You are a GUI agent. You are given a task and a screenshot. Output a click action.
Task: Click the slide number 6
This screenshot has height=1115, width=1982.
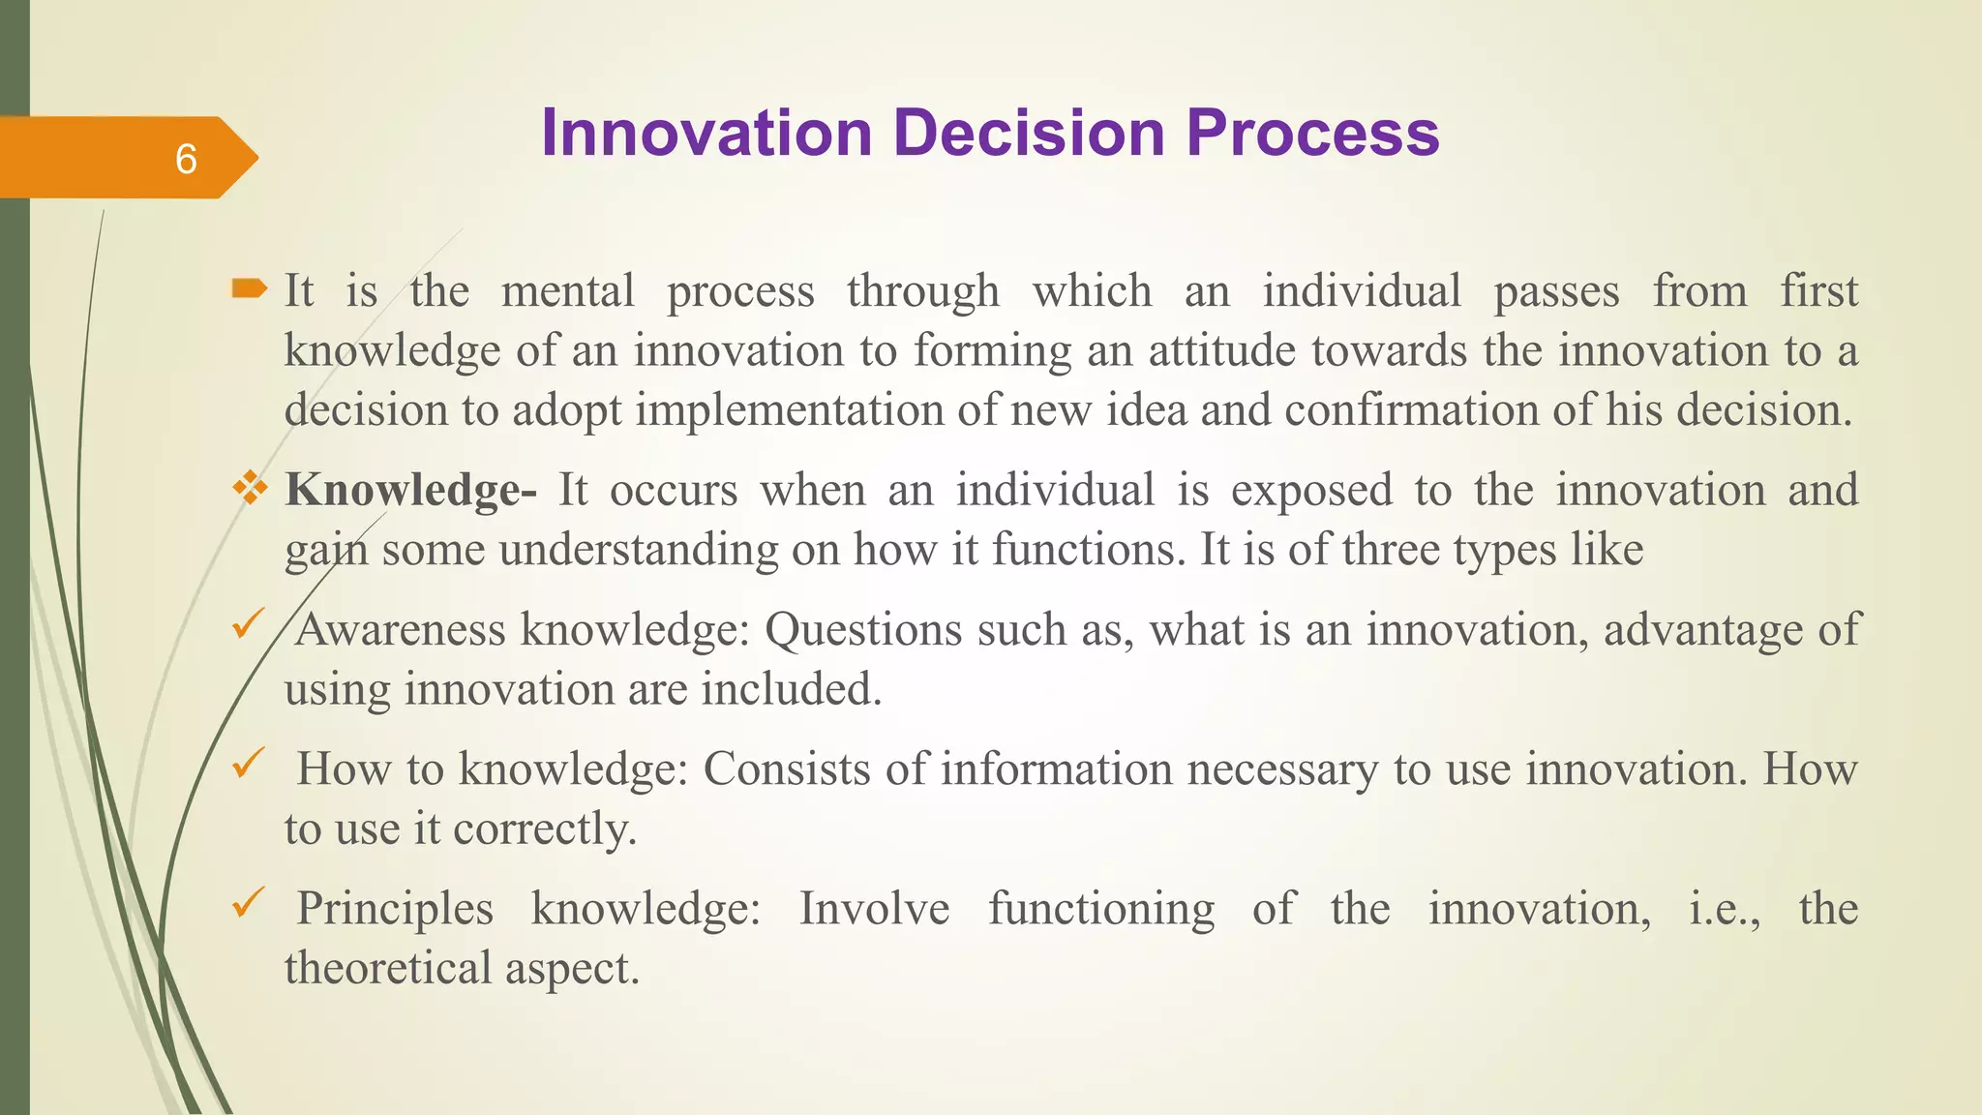coord(186,159)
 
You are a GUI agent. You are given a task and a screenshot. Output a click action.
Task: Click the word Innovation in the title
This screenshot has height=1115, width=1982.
coord(706,133)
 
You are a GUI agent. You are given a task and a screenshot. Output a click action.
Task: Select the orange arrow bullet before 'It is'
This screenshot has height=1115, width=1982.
coord(249,287)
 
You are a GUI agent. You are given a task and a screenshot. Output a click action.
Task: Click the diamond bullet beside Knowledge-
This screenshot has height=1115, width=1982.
coord(250,488)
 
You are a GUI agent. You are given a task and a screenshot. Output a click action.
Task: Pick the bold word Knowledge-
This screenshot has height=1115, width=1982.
coord(410,490)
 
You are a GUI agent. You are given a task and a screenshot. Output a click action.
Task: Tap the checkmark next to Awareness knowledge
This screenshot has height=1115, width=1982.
coord(248,624)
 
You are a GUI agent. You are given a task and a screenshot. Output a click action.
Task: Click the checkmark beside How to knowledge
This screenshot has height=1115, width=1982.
coord(248,765)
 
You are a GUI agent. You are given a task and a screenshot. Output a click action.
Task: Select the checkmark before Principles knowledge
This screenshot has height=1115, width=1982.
coord(248,904)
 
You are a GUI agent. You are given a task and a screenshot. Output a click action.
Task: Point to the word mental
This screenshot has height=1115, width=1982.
coord(568,291)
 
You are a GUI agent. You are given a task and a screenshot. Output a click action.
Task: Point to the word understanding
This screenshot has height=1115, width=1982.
coord(639,551)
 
